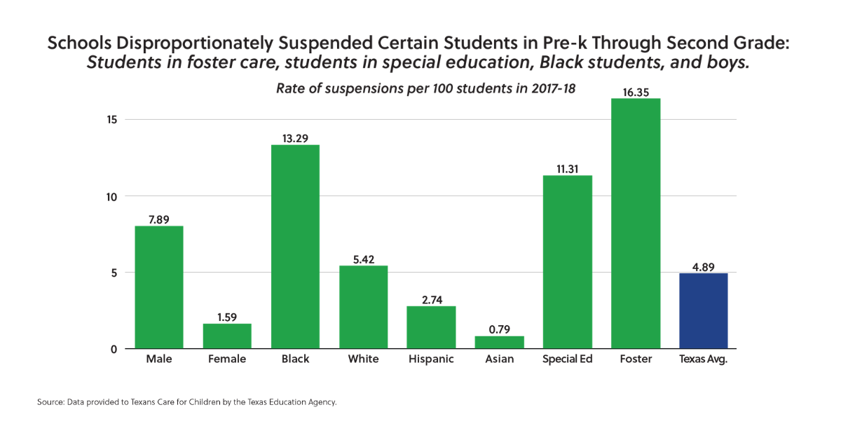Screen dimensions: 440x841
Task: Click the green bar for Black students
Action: [295, 247]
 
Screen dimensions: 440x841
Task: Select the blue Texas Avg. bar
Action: [703, 310]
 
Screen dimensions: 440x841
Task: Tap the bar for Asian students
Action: [499, 342]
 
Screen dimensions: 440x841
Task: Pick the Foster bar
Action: [635, 224]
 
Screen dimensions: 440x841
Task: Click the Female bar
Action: [227, 336]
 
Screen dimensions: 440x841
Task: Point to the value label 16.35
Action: [635, 91]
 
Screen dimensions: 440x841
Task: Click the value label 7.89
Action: [159, 219]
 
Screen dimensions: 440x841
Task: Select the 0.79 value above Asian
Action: [499, 329]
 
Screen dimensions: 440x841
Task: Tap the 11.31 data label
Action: [567, 168]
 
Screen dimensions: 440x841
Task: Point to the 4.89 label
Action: [703, 266]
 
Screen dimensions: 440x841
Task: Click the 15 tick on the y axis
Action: [111, 120]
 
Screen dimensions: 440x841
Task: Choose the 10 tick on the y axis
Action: [111, 196]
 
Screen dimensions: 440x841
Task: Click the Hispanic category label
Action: [431, 359]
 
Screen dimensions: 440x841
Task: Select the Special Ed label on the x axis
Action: [567, 359]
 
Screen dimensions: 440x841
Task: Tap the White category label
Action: [363, 359]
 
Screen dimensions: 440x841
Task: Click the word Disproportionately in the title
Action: [196, 43]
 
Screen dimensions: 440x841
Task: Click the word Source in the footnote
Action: [50, 403]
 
